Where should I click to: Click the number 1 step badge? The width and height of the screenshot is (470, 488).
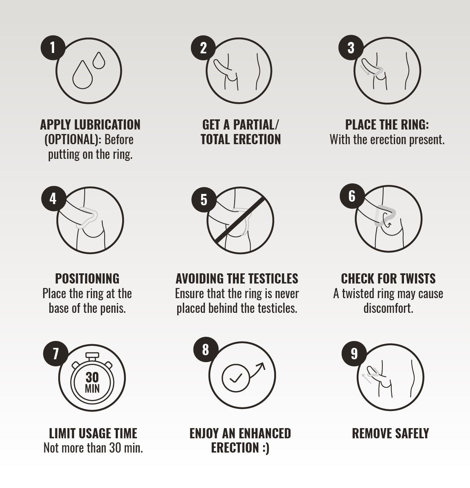53,48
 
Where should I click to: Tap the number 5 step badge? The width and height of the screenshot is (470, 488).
204,200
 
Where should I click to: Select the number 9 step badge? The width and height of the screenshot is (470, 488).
354,354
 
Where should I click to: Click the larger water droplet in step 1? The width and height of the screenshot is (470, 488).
82,75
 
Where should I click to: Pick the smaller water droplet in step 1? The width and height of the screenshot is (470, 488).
99,60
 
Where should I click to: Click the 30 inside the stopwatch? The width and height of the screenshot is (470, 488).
92,377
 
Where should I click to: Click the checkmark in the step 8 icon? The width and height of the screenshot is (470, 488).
236,378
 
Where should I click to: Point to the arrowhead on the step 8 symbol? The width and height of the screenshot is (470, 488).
261,367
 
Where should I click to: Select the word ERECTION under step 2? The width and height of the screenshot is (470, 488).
257,139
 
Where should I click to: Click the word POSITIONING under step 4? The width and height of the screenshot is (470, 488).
87,279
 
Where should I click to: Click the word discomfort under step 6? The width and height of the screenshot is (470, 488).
389,308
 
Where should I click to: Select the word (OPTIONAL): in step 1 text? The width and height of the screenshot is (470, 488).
73,140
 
